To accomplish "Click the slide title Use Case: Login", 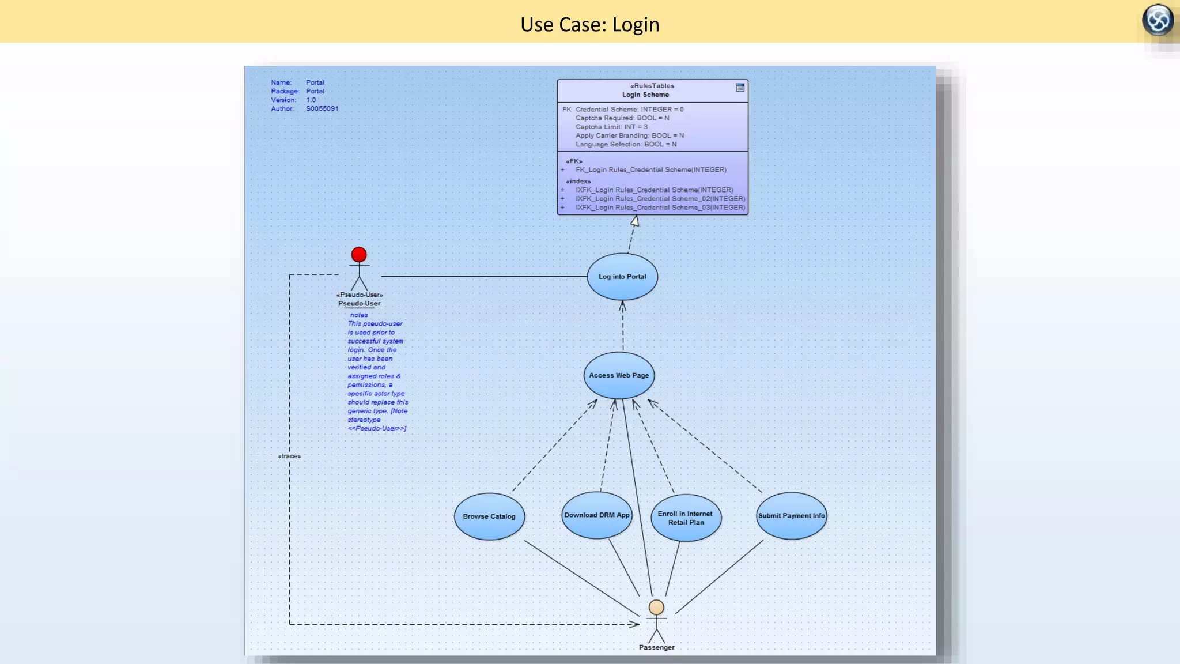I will tap(589, 24).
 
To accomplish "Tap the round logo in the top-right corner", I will tap(1158, 20).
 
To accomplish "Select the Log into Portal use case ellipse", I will tap(622, 277).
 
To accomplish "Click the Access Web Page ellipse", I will tap(619, 375).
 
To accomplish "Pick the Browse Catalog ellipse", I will tap(489, 516).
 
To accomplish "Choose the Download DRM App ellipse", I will tap(597, 515).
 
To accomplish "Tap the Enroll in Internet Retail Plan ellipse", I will tap(686, 518).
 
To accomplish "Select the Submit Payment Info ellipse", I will tap(791, 516).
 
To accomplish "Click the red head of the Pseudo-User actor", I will tap(359, 254).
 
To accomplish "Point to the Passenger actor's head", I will tap(656, 607).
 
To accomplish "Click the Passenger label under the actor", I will tap(656, 647).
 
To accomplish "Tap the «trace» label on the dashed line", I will tap(289, 456).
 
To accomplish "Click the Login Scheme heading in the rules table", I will tap(645, 95).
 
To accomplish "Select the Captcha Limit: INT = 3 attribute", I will tap(611, 127).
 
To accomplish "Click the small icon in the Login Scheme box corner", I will tap(740, 88).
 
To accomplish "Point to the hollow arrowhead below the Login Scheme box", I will tap(634, 221).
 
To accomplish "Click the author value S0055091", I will tap(322, 108).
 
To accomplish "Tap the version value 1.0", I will tap(311, 100).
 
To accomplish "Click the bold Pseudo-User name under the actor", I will tap(359, 303).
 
